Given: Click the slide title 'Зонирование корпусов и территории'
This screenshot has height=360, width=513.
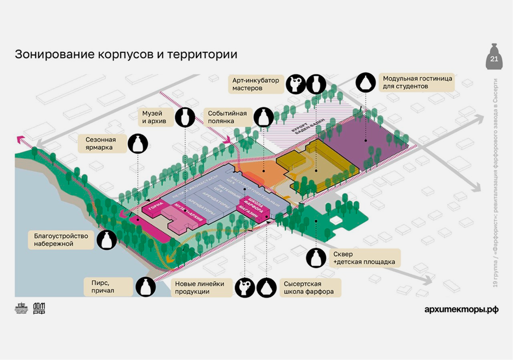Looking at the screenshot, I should tap(126, 54).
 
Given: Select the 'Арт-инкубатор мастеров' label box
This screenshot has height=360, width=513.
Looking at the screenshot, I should tap(256, 84).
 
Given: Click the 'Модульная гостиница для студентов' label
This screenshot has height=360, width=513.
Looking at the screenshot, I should tap(417, 82).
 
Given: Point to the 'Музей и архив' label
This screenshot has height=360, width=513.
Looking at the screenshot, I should tap(153, 117).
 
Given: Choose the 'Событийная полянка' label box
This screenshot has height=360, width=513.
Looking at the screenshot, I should tap(228, 117).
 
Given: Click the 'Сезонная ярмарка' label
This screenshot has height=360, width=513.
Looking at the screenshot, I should tap(101, 144).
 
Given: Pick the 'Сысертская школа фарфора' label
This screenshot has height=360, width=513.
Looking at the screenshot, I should tap(309, 288).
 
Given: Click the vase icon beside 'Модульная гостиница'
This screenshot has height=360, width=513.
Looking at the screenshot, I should tap(366, 82).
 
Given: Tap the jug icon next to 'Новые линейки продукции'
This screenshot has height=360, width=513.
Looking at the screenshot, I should tap(244, 288).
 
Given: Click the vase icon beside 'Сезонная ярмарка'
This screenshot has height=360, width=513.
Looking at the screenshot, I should tap(138, 144).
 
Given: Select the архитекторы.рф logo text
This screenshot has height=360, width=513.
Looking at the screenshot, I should tap(461, 309).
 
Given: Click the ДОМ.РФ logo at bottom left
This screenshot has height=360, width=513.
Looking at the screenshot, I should tap(39, 309).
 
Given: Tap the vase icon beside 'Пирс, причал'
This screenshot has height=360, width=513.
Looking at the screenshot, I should tap(145, 287).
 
